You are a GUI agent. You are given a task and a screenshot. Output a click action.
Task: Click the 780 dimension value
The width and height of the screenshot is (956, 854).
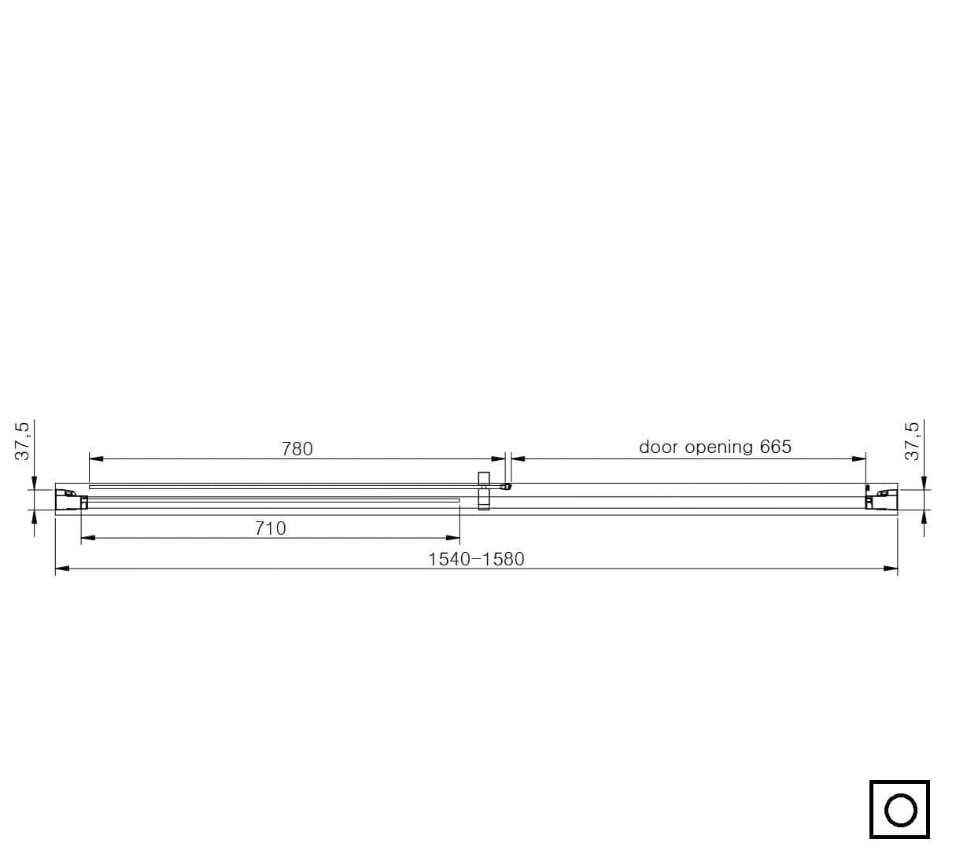click(297, 448)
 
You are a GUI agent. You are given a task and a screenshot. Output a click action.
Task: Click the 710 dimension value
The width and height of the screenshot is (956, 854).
click(270, 528)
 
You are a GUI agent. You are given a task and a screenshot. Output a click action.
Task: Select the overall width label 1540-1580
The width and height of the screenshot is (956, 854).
click(476, 559)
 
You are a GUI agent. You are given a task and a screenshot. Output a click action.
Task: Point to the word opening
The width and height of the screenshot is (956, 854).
click(718, 447)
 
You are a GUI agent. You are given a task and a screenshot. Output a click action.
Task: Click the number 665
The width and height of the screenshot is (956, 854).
click(775, 447)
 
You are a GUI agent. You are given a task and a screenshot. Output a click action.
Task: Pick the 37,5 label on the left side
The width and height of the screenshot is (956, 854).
click(22, 441)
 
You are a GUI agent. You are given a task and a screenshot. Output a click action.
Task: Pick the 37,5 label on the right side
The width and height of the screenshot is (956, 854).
click(912, 441)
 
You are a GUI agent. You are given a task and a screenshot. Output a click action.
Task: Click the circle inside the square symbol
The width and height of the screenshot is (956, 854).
click(900, 810)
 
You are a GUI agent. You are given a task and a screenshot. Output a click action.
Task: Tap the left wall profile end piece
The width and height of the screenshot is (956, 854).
click(71, 499)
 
